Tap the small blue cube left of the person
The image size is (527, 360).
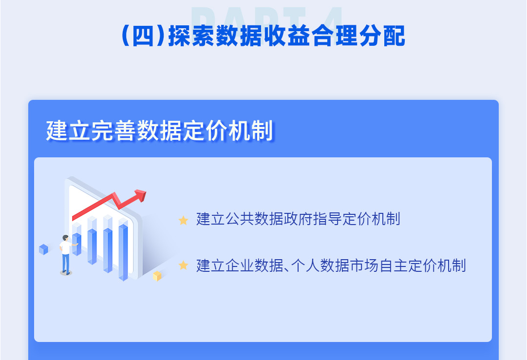tap(44, 249)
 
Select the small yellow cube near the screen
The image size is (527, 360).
tap(157, 276)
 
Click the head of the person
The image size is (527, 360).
tap(65, 238)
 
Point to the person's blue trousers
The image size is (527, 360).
tap(66, 263)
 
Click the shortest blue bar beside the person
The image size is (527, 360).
tap(77, 244)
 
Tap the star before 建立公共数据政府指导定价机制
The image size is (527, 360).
tap(183, 220)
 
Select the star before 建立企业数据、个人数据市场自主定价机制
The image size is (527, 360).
tap(183, 265)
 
